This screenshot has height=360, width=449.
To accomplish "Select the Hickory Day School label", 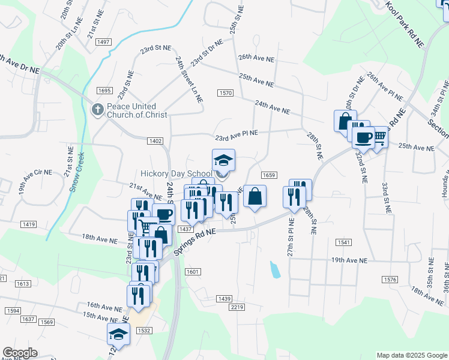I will tap(176, 173).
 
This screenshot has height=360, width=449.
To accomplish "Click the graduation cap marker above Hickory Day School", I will tap(223, 160).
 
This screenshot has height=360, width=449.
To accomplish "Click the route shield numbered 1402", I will tap(155, 140).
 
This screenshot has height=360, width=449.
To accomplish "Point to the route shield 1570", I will tap(225, 93).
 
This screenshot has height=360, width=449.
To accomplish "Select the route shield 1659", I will tap(268, 175).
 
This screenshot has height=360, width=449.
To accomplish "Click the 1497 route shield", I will tap(103, 41).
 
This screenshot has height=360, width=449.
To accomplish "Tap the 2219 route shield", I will tap(237, 307).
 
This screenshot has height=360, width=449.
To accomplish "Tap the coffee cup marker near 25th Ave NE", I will tap(363, 137).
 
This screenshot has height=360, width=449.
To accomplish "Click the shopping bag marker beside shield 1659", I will tap(255, 196).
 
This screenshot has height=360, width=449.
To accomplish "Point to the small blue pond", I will tap(275, 269).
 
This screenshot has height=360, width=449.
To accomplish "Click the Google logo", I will tap(20, 353).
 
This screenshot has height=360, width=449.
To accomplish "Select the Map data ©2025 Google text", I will tap(412, 355).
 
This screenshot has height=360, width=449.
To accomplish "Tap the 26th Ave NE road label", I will tap(256, 59).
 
